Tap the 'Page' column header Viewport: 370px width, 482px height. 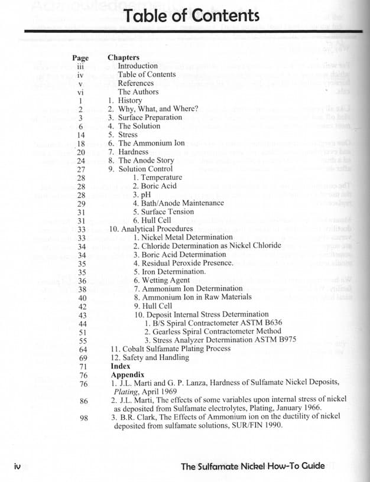80,58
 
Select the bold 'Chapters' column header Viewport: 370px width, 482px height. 124,57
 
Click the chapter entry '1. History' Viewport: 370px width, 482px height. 125,100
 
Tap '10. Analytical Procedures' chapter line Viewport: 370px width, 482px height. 151,229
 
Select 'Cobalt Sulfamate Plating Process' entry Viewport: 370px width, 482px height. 171,349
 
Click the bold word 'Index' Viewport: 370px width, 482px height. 121,366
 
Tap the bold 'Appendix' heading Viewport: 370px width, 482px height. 127,374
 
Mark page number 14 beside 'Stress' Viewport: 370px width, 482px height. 82,135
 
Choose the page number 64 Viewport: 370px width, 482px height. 83,349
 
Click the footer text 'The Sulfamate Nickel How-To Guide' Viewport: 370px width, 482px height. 252,466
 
